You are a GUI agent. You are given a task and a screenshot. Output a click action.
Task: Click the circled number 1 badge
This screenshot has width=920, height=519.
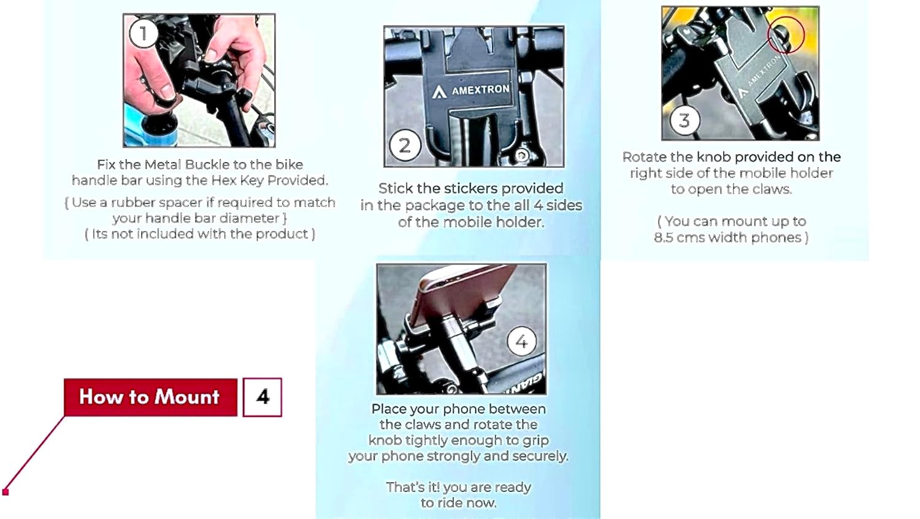pyautogui.click(x=144, y=34)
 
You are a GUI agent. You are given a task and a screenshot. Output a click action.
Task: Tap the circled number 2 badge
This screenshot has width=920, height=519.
pyautogui.click(x=405, y=146)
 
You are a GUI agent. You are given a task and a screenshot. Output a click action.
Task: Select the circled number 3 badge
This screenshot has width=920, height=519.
pyautogui.click(x=684, y=120)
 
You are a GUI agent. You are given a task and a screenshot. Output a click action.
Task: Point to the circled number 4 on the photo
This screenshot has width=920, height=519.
pyautogui.click(x=521, y=341)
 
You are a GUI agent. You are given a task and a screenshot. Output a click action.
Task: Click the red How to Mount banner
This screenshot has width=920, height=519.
pyautogui.click(x=150, y=397)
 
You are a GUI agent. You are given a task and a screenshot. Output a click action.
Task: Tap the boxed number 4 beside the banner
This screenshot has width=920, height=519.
pyautogui.click(x=262, y=397)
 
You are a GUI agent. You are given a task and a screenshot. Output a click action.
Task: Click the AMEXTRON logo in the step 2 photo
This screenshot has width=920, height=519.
pyautogui.click(x=470, y=90)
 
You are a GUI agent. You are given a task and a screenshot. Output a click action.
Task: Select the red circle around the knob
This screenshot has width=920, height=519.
pyautogui.click(x=786, y=35)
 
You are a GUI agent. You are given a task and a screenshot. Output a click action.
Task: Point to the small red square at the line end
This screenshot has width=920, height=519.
pyautogui.click(x=6, y=492)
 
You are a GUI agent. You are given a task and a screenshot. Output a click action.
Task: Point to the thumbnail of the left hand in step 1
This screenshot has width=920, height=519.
pyautogui.click(x=152, y=74)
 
